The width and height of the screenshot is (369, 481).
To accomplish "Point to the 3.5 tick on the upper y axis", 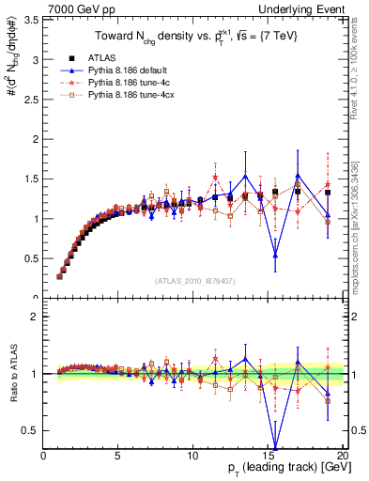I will tap(33, 18).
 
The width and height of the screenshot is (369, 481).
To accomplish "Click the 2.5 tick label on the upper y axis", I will tap(33, 99).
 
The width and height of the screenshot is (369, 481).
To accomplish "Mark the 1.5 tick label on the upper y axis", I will tap(33, 178).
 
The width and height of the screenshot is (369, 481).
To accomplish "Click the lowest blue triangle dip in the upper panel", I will tap(275, 255).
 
